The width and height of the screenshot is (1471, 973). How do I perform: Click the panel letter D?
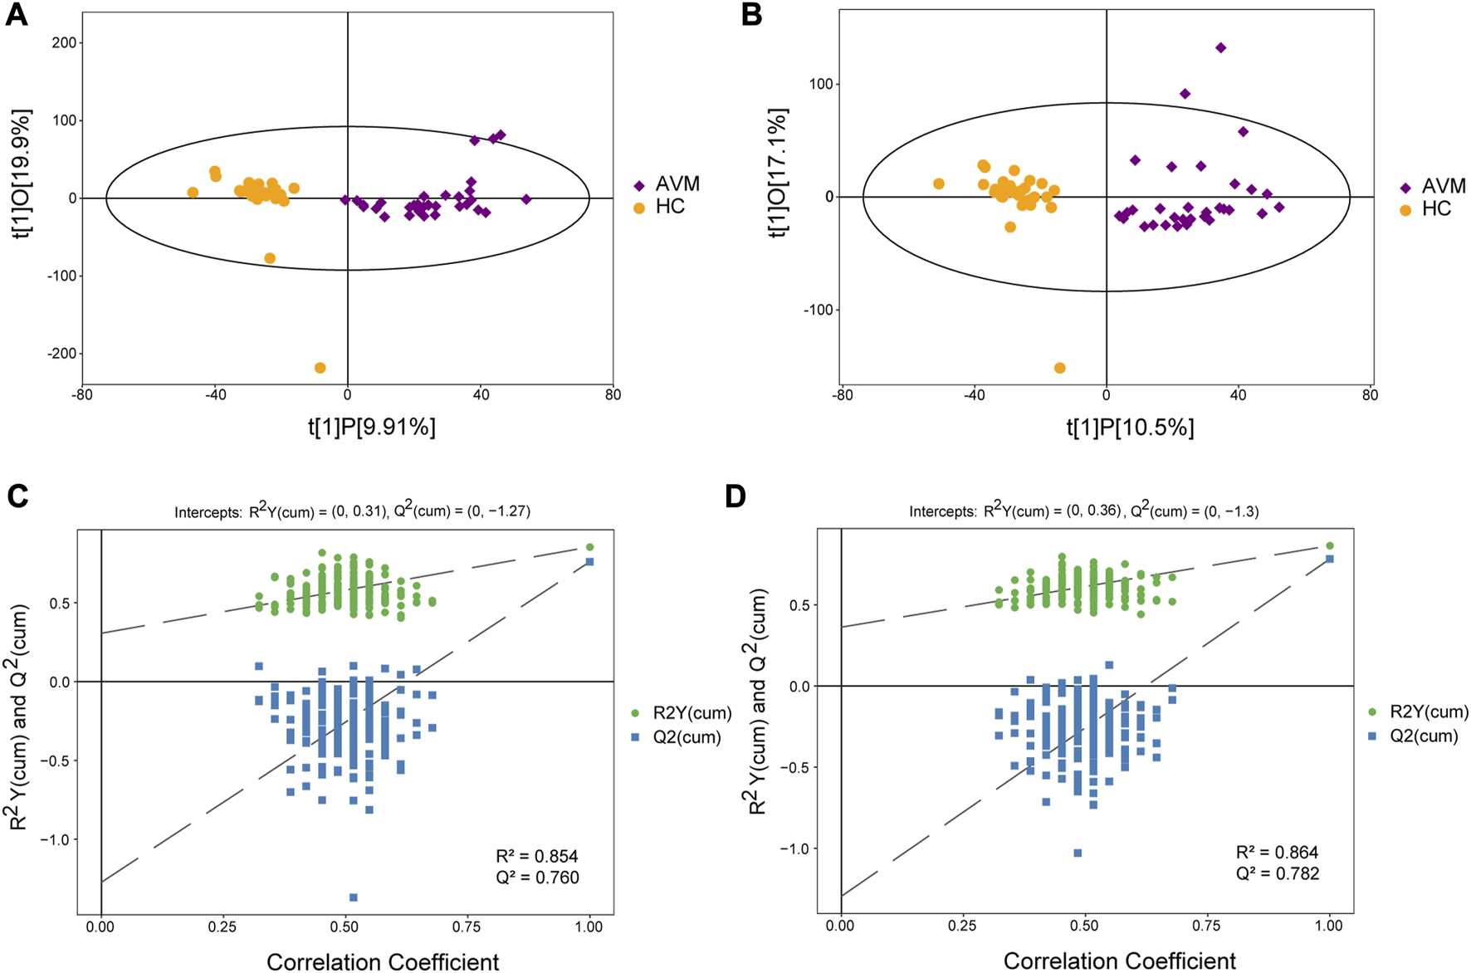[x=735, y=496]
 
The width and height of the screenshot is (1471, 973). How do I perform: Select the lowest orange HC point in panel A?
[x=320, y=368]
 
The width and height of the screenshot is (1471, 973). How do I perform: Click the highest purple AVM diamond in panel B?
[x=1220, y=47]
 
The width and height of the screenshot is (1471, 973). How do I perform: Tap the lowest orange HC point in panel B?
[x=1059, y=368]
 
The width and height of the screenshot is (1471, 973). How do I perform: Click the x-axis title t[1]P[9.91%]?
[x=372, y=427]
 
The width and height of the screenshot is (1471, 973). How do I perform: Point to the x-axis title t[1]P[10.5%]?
[x=1130, y=428]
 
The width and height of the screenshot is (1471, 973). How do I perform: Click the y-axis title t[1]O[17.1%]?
[x=778, y=172]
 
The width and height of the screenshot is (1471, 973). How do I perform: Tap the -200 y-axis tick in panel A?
[x=61, y=354]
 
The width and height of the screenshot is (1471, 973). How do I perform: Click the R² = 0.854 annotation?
[x=537, y=856]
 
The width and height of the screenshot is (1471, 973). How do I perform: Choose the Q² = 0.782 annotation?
[x=1277, y=873]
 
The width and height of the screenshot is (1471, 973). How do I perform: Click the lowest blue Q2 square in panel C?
[x=354, y=897]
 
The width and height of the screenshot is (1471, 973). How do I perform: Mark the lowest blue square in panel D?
[x=1078, y=853]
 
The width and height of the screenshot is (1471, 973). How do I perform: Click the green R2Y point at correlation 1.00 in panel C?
[x=589, y=547]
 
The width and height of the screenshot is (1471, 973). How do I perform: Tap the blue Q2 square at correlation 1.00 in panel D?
[x=1329, y=559]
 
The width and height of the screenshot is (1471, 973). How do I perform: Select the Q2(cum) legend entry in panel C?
[x=686, y=737]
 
